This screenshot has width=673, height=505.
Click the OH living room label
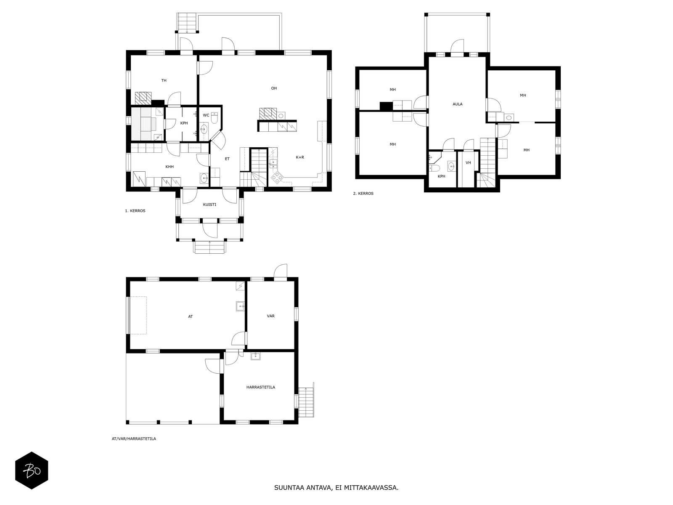click(274, 88)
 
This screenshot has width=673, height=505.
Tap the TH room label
click(164, 80)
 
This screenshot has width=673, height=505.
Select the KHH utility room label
click(170, 167)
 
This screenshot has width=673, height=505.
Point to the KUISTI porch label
click(209, 205)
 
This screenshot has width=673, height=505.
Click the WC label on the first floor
click(206, 115)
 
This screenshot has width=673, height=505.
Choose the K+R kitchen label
click(300, 157)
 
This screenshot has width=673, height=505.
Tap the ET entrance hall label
click(227, 159)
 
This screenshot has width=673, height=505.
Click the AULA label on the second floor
click(458, 104)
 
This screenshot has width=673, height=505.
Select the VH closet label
click(468, 163)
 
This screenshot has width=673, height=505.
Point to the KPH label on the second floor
click(441, 176)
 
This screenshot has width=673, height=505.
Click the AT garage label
click(191, 316)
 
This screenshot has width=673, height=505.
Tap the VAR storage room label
click(270, 316)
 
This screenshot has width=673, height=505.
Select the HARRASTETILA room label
click(261, 387)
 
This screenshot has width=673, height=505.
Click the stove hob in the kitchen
click(276, 178)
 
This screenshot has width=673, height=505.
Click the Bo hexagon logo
click(32, 470)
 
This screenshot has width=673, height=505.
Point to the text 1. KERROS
click(135, 211)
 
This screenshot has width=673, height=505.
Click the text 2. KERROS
click(363, 194)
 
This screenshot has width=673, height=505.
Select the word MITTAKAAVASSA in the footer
click(371, 488)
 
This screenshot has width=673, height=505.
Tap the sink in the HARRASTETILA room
click(256, 356)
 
